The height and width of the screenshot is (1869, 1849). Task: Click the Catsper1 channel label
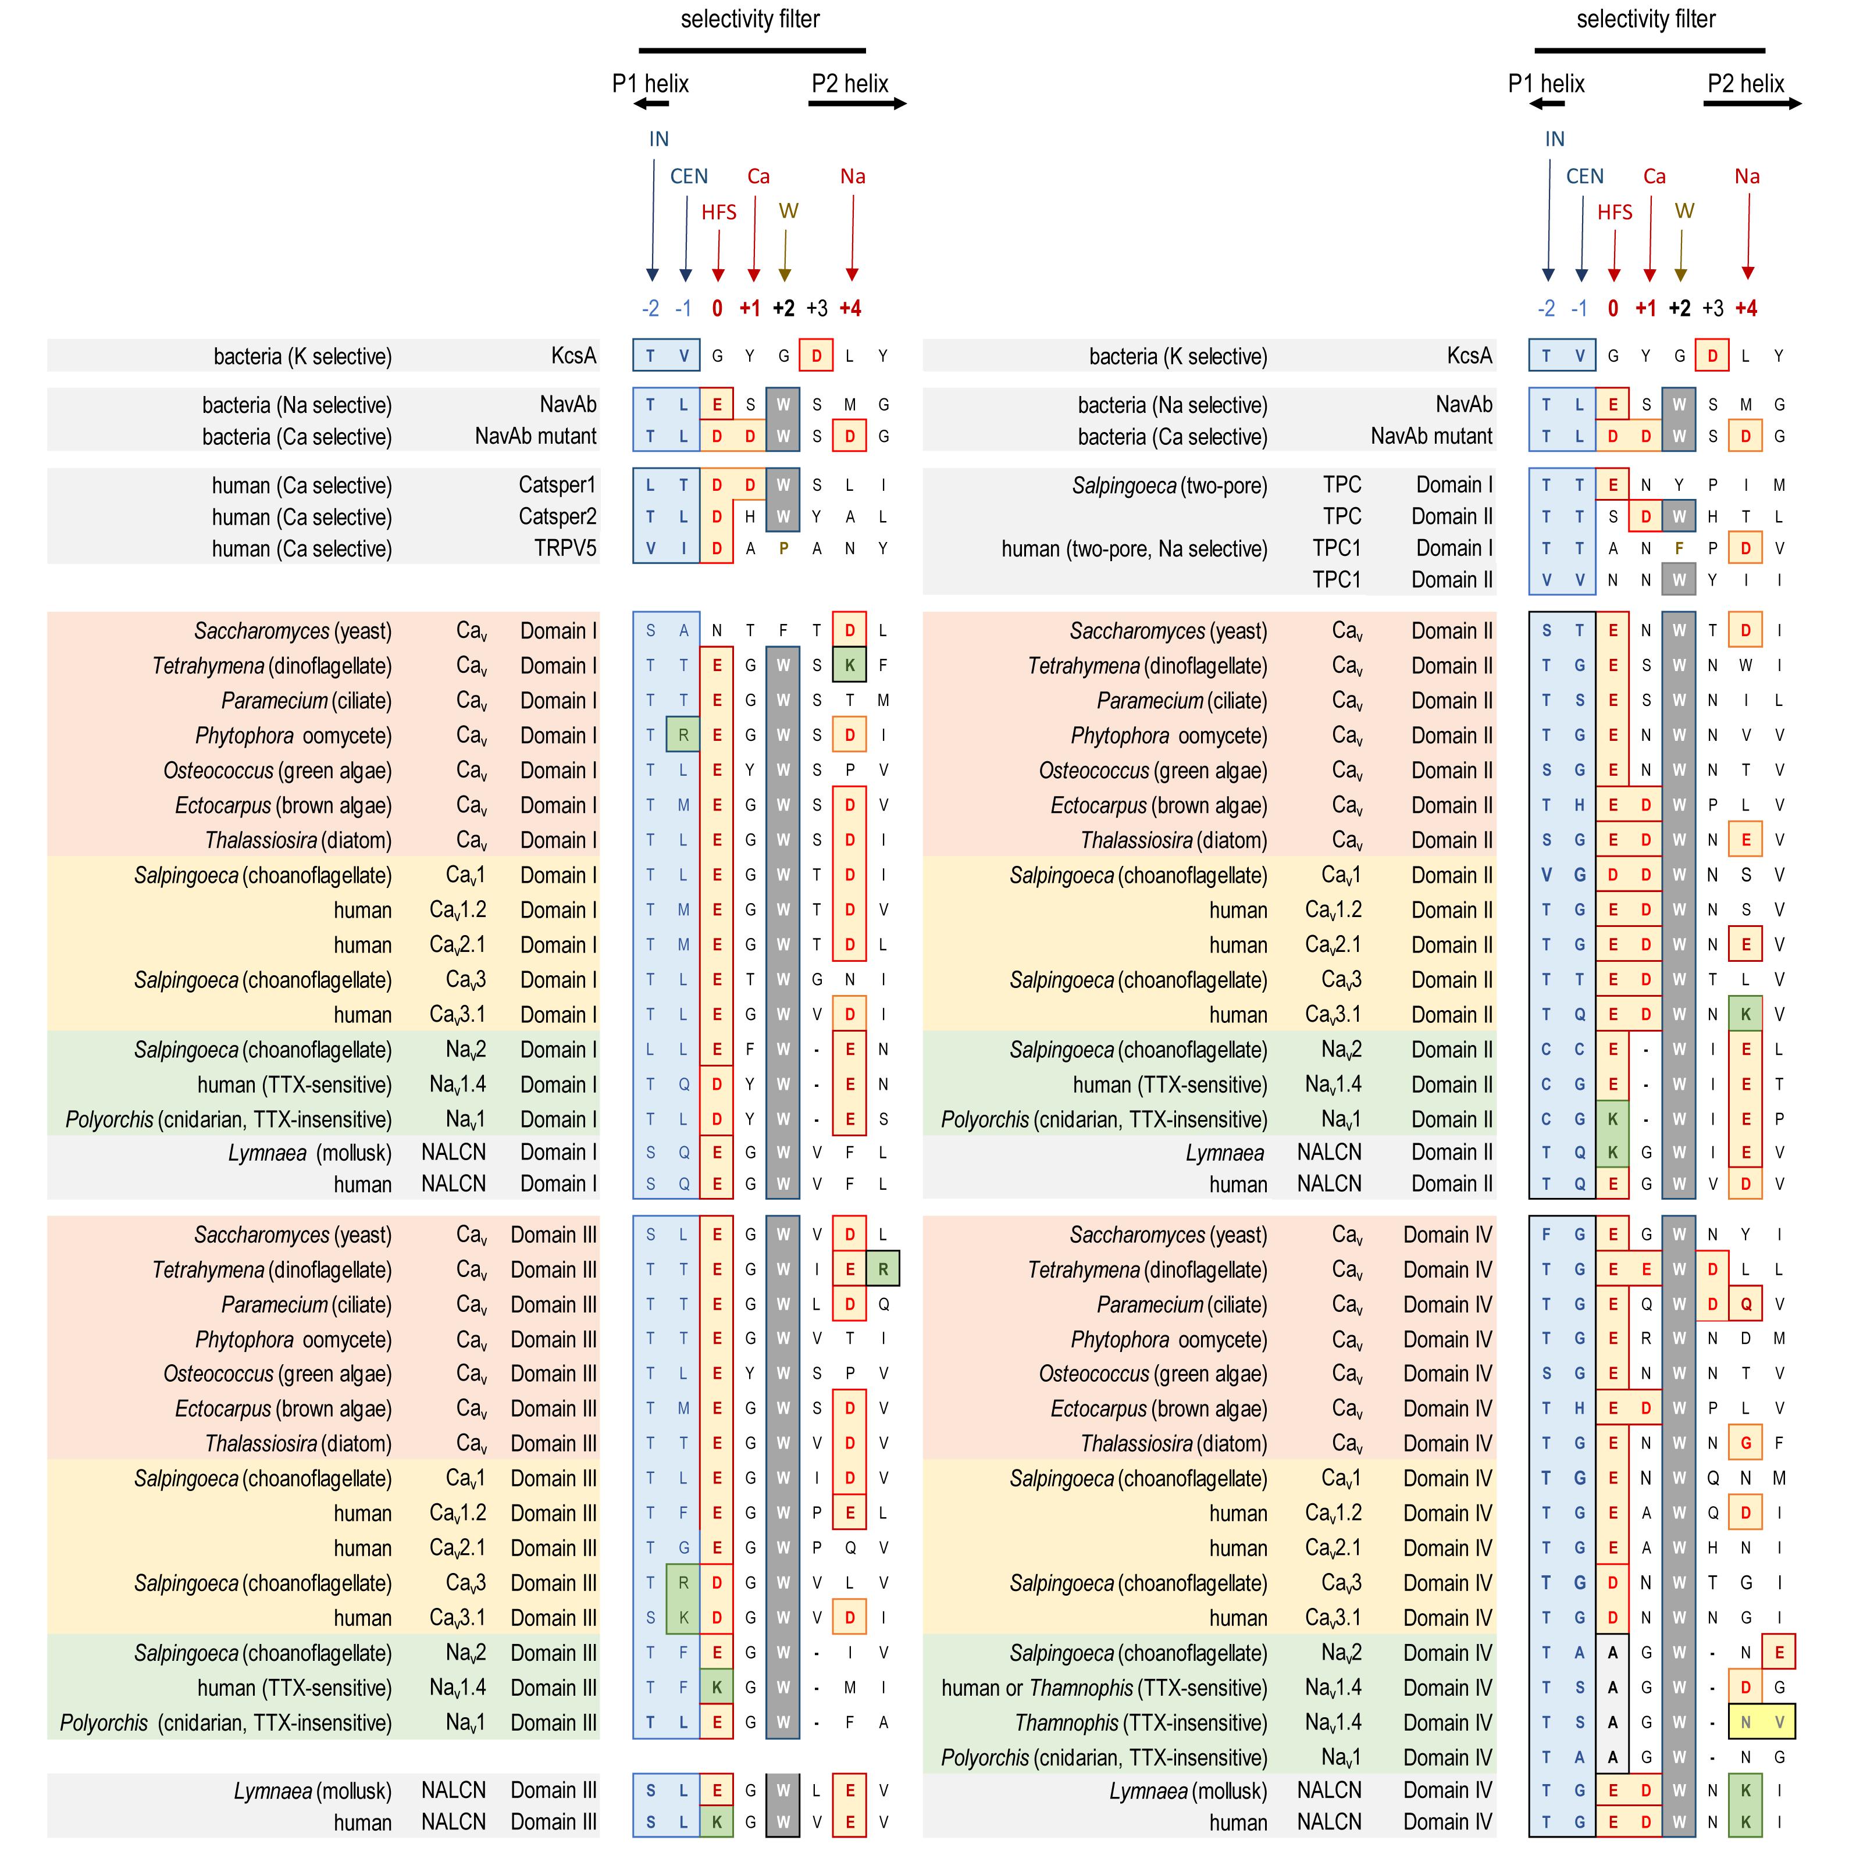tap(557, 484)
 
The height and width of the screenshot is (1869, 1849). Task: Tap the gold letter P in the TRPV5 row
tap(783, 548)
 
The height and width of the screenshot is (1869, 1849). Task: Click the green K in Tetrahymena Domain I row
tap(850, 666)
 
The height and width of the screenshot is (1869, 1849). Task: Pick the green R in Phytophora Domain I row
tap(683, 735)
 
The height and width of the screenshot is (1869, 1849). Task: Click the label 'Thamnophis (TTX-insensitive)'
tap(1140, 1723)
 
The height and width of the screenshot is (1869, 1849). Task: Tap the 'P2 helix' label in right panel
tap(1745, 84)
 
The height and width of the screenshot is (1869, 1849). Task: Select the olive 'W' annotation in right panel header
tap(1684, 211)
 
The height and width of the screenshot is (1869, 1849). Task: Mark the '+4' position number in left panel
tap(850, 309)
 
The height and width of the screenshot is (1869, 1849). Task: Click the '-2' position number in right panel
tap(1546, 309)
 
